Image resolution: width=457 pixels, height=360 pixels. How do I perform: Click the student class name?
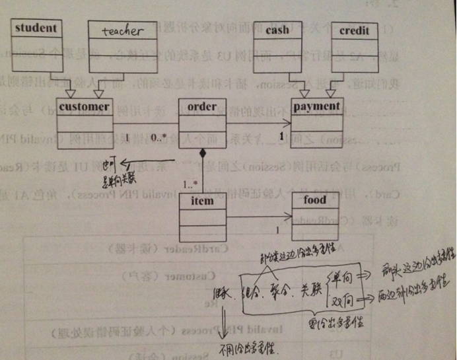[36, 28]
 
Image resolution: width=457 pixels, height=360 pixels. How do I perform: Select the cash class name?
[281, 30]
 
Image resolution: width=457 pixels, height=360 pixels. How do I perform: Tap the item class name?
[202, 200]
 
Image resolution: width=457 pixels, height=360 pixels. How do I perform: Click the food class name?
[315, 199]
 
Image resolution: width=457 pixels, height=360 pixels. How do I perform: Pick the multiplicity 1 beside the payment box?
[282, 136]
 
